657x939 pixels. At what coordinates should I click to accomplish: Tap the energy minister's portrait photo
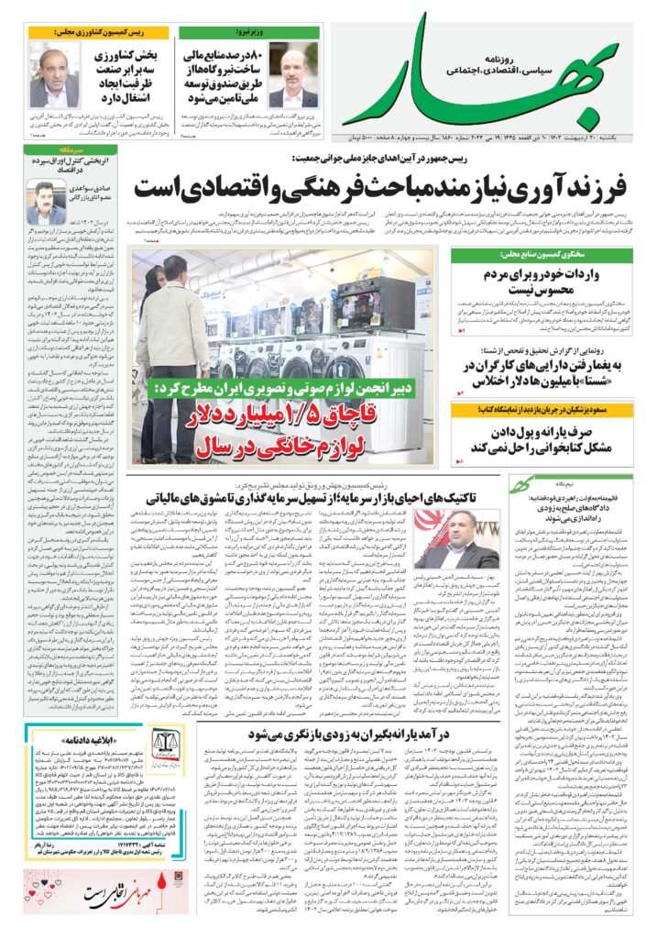click(x=293, y=74)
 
